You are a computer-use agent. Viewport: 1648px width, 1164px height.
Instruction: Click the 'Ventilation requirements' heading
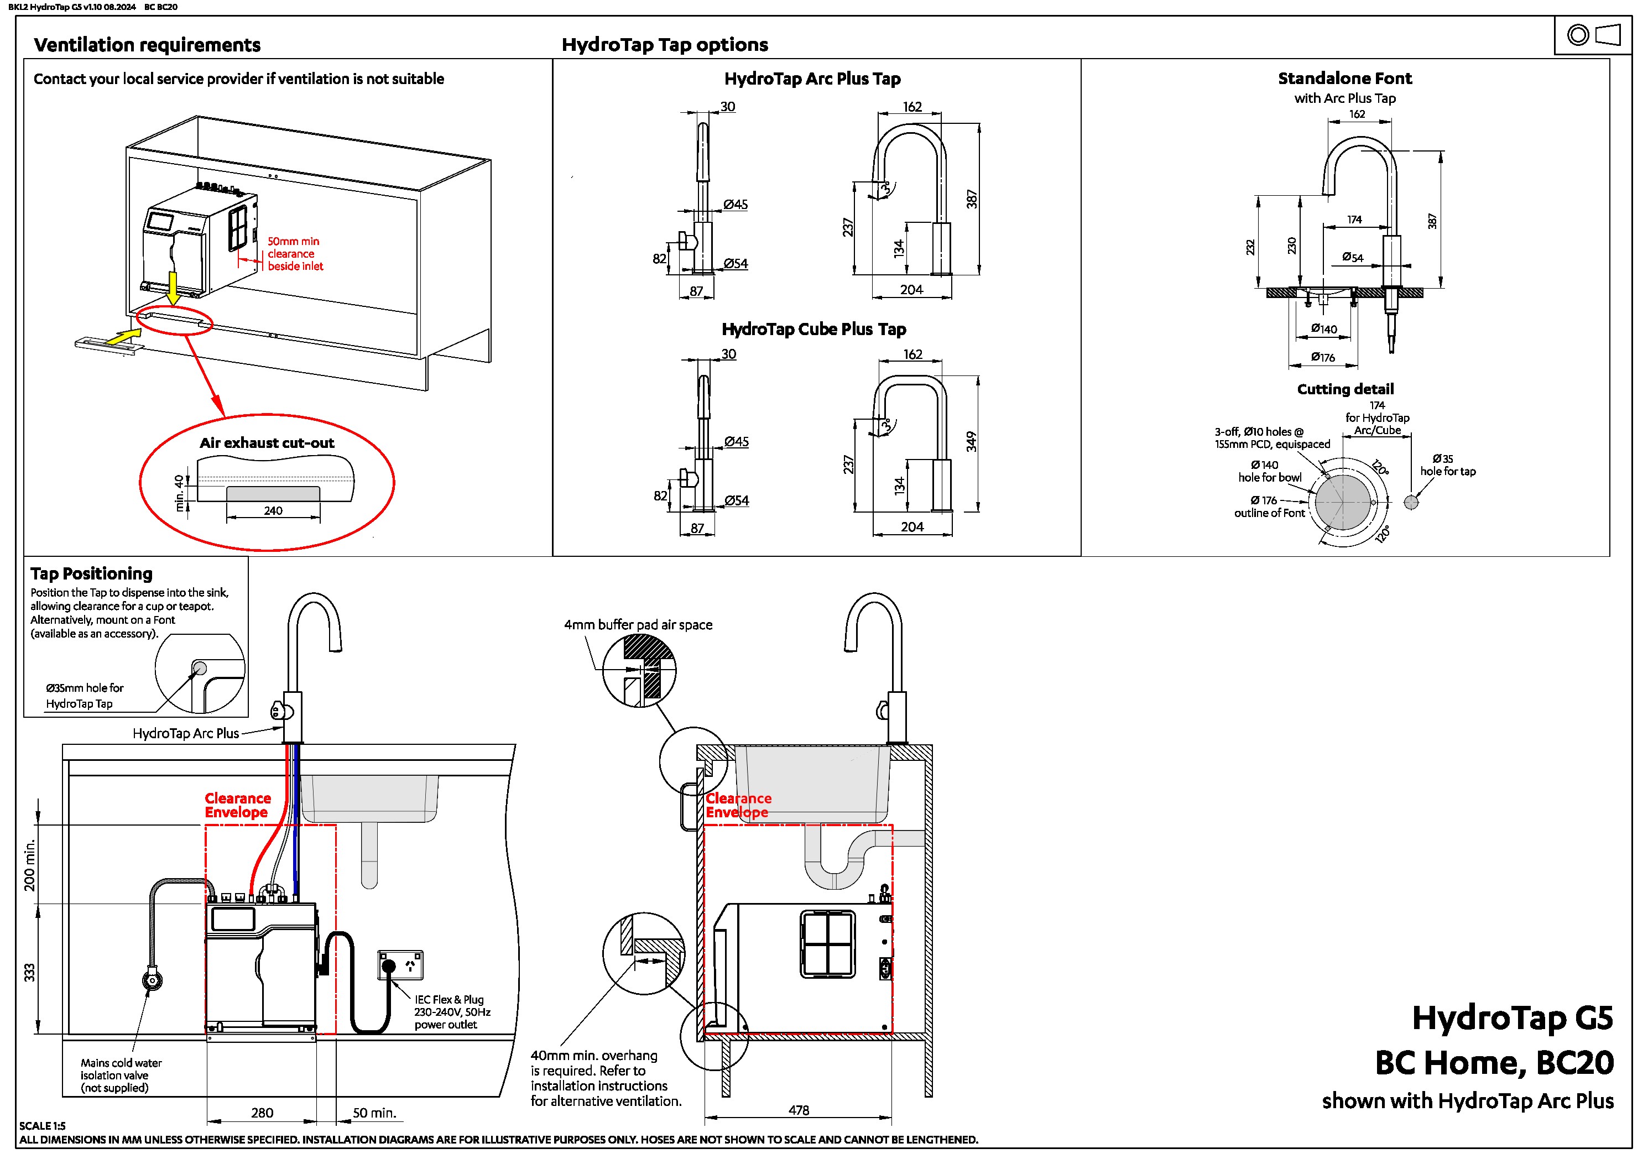147,44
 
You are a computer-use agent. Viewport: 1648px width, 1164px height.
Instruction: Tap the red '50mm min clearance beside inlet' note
295,254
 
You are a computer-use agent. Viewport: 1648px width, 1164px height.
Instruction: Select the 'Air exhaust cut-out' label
267,443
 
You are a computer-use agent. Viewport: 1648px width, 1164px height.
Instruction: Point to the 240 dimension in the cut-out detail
273,511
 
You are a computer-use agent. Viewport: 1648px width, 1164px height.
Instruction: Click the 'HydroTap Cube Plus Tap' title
814,330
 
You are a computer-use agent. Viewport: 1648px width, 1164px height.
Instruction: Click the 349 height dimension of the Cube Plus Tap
971,441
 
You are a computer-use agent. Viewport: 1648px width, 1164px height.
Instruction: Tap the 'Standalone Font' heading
1344,78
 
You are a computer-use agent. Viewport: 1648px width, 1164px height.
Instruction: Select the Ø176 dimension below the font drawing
1323,357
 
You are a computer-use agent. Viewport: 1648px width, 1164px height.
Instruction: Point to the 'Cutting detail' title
1345,389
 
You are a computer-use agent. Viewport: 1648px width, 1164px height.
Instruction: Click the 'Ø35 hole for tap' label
1448,465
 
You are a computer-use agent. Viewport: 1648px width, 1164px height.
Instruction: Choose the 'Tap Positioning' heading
91,573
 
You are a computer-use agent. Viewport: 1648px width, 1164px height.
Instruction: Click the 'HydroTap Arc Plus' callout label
186,733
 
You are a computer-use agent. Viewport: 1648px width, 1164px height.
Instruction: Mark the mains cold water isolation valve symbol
152,978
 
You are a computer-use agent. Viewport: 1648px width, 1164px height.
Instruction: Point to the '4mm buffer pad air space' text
638,625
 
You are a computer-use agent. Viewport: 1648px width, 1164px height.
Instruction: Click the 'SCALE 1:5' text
43,1126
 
